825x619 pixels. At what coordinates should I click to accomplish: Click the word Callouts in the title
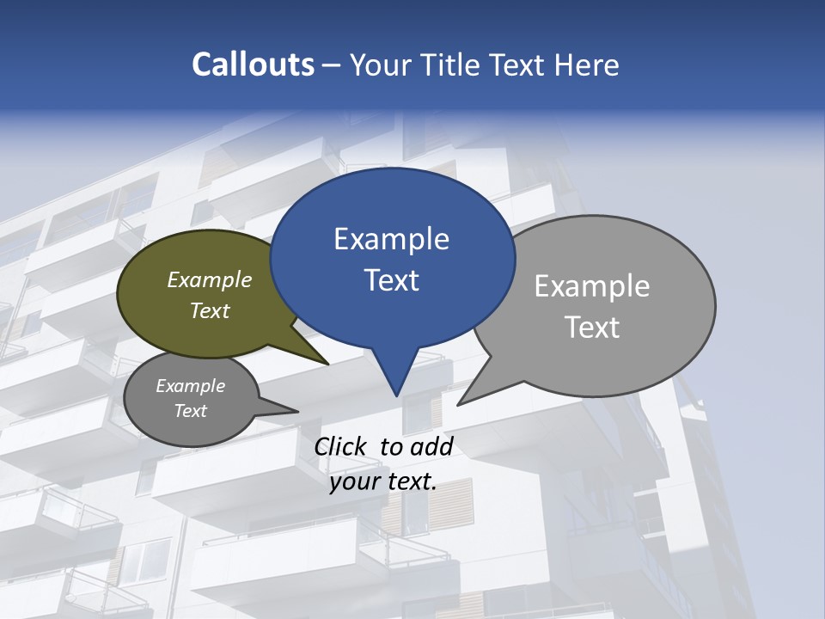(x=253, y=64)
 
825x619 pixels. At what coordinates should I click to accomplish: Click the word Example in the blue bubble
(x=391, y=239)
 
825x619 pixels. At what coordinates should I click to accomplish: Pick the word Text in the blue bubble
(x=391, y=280)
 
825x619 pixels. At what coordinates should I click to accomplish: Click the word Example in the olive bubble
(x=210, y=279)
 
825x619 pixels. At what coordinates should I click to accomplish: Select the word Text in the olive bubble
(x=210, y=310)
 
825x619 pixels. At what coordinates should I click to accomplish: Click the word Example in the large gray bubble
(x=592, y=285)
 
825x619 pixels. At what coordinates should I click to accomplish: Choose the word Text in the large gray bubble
(x=592, y=328)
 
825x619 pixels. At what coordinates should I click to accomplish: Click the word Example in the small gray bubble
(x=190, y=386)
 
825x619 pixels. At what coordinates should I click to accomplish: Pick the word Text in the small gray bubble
(x=190, y=411)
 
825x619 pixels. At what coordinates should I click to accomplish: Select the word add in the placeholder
(x=431, y=446)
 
